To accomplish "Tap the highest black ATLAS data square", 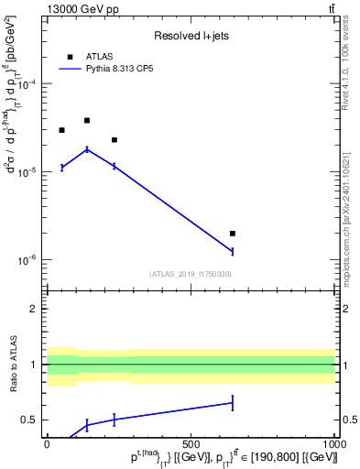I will point(87,120).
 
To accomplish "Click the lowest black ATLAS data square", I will point(233,234).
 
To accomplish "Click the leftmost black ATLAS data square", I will point(61,130).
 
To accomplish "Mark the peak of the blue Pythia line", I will point(87,149).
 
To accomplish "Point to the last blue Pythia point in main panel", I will point(233,251).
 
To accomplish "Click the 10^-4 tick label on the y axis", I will point(27,84).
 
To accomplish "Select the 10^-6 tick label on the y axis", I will point(27,260).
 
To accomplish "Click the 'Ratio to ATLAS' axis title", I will point(13,365).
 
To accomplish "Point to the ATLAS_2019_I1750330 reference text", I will point(190,274).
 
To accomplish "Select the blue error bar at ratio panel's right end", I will point(233,402).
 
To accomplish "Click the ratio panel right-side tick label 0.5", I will point(349,420).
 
